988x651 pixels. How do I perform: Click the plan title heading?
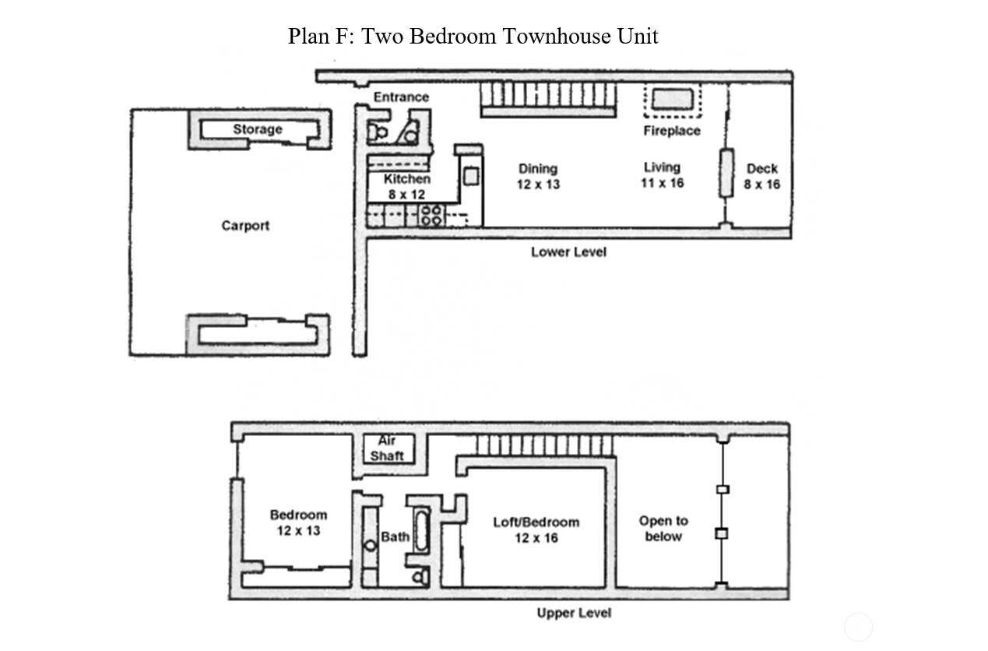click(x=473, y=36)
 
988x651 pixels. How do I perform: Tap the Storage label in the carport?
click(x=258, y=129)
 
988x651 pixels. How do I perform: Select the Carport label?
click(x=245, y=226)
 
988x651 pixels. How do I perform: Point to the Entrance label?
click(x=402, y=97)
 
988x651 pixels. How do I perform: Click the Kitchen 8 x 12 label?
click(x=406, y=187)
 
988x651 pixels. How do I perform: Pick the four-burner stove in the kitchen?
click(x=431, y=216)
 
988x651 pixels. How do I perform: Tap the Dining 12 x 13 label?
click(x=538, y=177)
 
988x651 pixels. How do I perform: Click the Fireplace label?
click(x=672, y=131)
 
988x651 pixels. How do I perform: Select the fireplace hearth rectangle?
click(x=673, y=99)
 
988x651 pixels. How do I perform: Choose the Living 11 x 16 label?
click(x=662, y=175)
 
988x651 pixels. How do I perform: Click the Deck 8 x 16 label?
click(x=761, y=177)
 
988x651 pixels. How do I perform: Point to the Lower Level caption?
click(x=568, y=252)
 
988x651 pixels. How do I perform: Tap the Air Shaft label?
click(x=387, y=448)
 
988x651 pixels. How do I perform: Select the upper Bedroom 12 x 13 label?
click(x=299, y=523)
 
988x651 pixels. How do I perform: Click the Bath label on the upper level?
click(x=395, y=537)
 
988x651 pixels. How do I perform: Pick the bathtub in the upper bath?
click(x=422, y=531)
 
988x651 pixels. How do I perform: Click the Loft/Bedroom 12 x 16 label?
click(x=536, y=530)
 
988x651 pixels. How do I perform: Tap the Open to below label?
click(x=663, y=529)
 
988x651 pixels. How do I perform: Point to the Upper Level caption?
click(x=574, y=613)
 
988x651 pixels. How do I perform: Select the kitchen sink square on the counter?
click(x=471, y=177)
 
